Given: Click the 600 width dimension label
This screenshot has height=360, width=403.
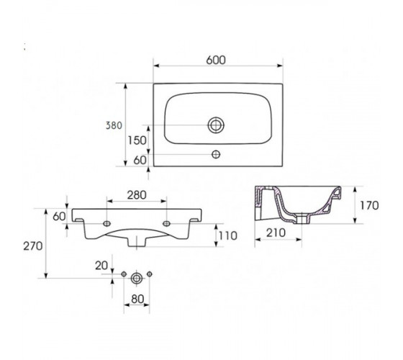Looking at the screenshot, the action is (216, 60).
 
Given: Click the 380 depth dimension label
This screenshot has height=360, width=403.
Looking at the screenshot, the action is (114, 125).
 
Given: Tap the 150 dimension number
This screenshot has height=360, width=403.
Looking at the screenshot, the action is (137, 140).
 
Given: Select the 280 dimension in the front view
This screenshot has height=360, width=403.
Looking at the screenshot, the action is (137, 195).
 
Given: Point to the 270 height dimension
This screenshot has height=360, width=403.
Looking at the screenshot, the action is (33, 246).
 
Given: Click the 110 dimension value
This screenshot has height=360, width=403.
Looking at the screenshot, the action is (227, 236).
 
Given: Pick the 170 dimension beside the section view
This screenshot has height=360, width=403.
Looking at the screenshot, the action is (369, 205).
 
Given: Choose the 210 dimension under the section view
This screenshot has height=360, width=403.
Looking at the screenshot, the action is (276, 233).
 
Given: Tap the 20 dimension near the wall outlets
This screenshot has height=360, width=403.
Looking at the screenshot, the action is (101, 266).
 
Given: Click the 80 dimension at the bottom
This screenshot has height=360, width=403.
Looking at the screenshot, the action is (137, 299).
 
